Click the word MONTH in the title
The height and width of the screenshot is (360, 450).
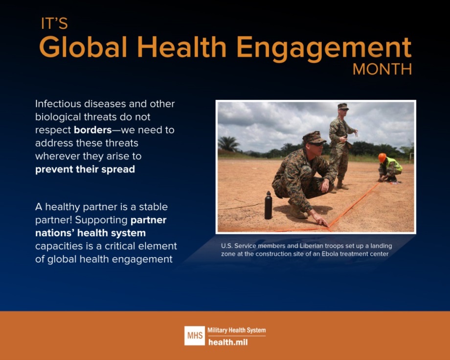pos(382,69)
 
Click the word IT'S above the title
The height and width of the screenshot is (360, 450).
pos(54,24)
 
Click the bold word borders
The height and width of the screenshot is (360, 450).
pos(92,130)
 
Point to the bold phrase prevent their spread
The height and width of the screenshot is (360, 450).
pos(85,170)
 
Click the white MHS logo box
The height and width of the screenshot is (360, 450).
pos(194,336)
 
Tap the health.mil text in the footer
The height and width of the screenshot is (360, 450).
pos(228,342)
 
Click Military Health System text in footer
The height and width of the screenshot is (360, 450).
pos(237,331)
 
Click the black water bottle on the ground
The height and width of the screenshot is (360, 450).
pos(268,205)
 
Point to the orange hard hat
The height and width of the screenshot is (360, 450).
pos(382,157)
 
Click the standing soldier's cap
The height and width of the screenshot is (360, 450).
pos(343,106)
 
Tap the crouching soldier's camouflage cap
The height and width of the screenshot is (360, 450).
pos(313,137)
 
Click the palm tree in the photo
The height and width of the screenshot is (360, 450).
pos(229,143)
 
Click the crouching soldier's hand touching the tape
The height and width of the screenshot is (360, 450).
pos(324,223)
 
